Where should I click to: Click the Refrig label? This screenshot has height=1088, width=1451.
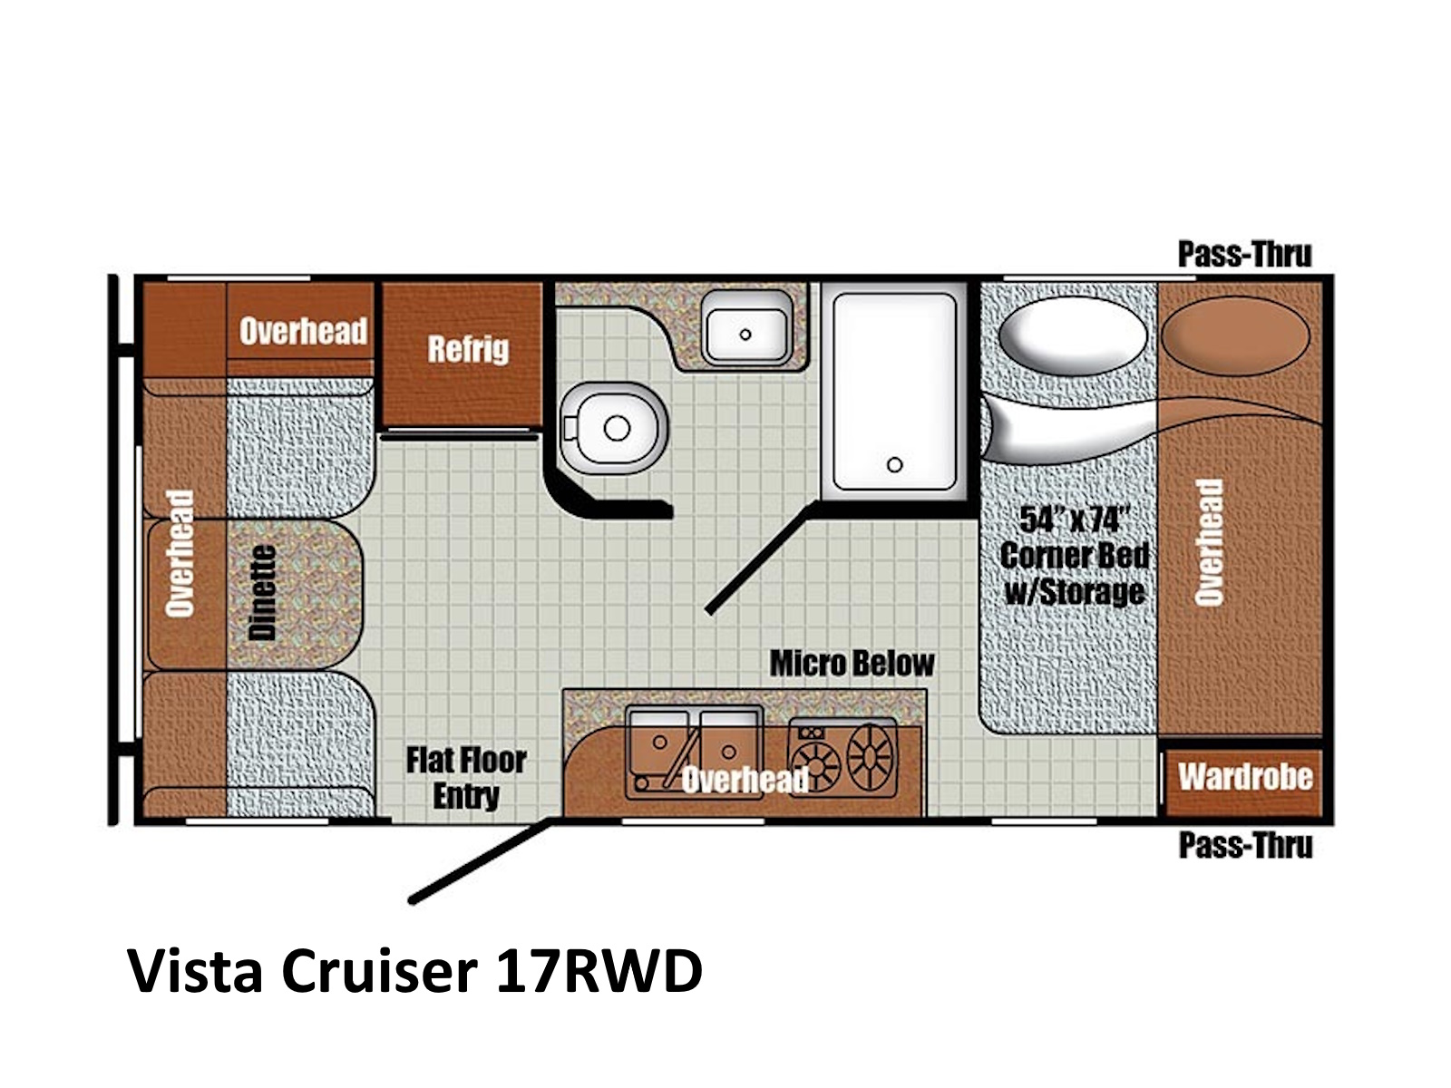(468, 348)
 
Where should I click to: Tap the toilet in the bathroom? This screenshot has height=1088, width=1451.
(612, 428)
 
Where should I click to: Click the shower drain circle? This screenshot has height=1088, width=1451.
(894, 465)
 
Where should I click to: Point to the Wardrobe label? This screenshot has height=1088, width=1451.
(1245, 777)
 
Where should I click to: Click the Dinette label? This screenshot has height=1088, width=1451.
(262, 593)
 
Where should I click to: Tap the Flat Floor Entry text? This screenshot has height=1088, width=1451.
(466, 778)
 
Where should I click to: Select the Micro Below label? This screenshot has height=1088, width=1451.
(852, 664)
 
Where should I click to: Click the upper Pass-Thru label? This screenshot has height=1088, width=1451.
(1245, 254)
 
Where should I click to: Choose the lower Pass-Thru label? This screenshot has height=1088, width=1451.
(1245, 845)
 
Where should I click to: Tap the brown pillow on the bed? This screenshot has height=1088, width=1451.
(1235, 335)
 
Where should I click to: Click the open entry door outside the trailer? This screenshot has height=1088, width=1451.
(481, 860)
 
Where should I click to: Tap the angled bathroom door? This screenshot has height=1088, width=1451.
(761, 559)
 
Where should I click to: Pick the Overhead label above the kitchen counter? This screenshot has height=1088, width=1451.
(745, 780)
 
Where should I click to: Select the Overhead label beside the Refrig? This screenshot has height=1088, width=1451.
(304, 331)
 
